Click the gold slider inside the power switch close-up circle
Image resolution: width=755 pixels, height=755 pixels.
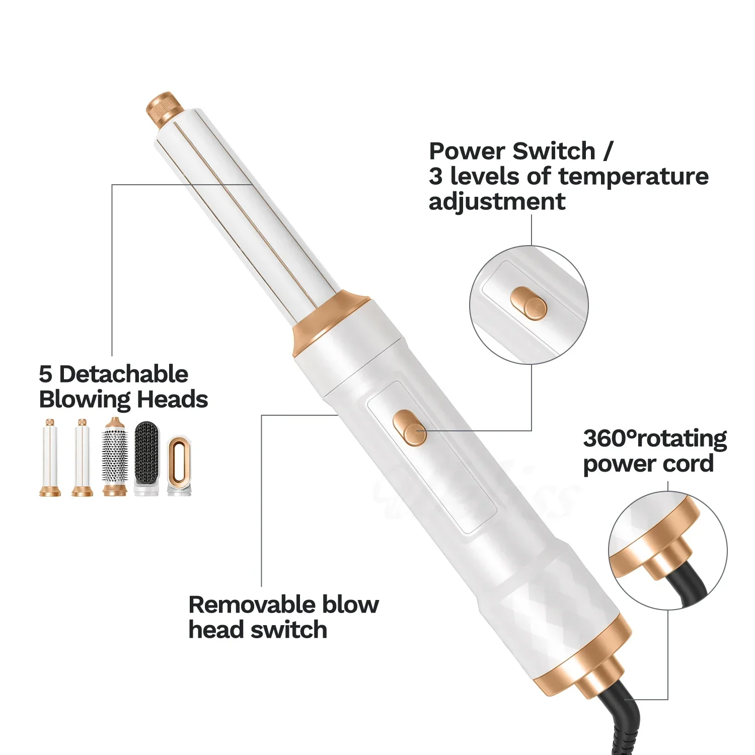(x=528, y=304)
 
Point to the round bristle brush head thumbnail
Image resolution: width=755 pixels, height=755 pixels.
(x=115, y=457)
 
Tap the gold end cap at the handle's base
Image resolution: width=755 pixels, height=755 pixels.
(x=584, y=659)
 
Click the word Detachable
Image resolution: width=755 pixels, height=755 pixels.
(x=123, y=374)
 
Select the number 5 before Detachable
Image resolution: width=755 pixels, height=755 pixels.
(x=45, y=374)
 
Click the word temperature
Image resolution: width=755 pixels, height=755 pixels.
(x=633, y=176)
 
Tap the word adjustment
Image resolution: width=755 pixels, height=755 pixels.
(x=497, y=202)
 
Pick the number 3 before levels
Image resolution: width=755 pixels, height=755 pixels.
(x=435, y=176)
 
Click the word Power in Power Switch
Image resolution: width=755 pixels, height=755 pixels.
(x=467, y=151)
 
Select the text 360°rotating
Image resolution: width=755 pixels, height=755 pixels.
(x=654, y=438)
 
